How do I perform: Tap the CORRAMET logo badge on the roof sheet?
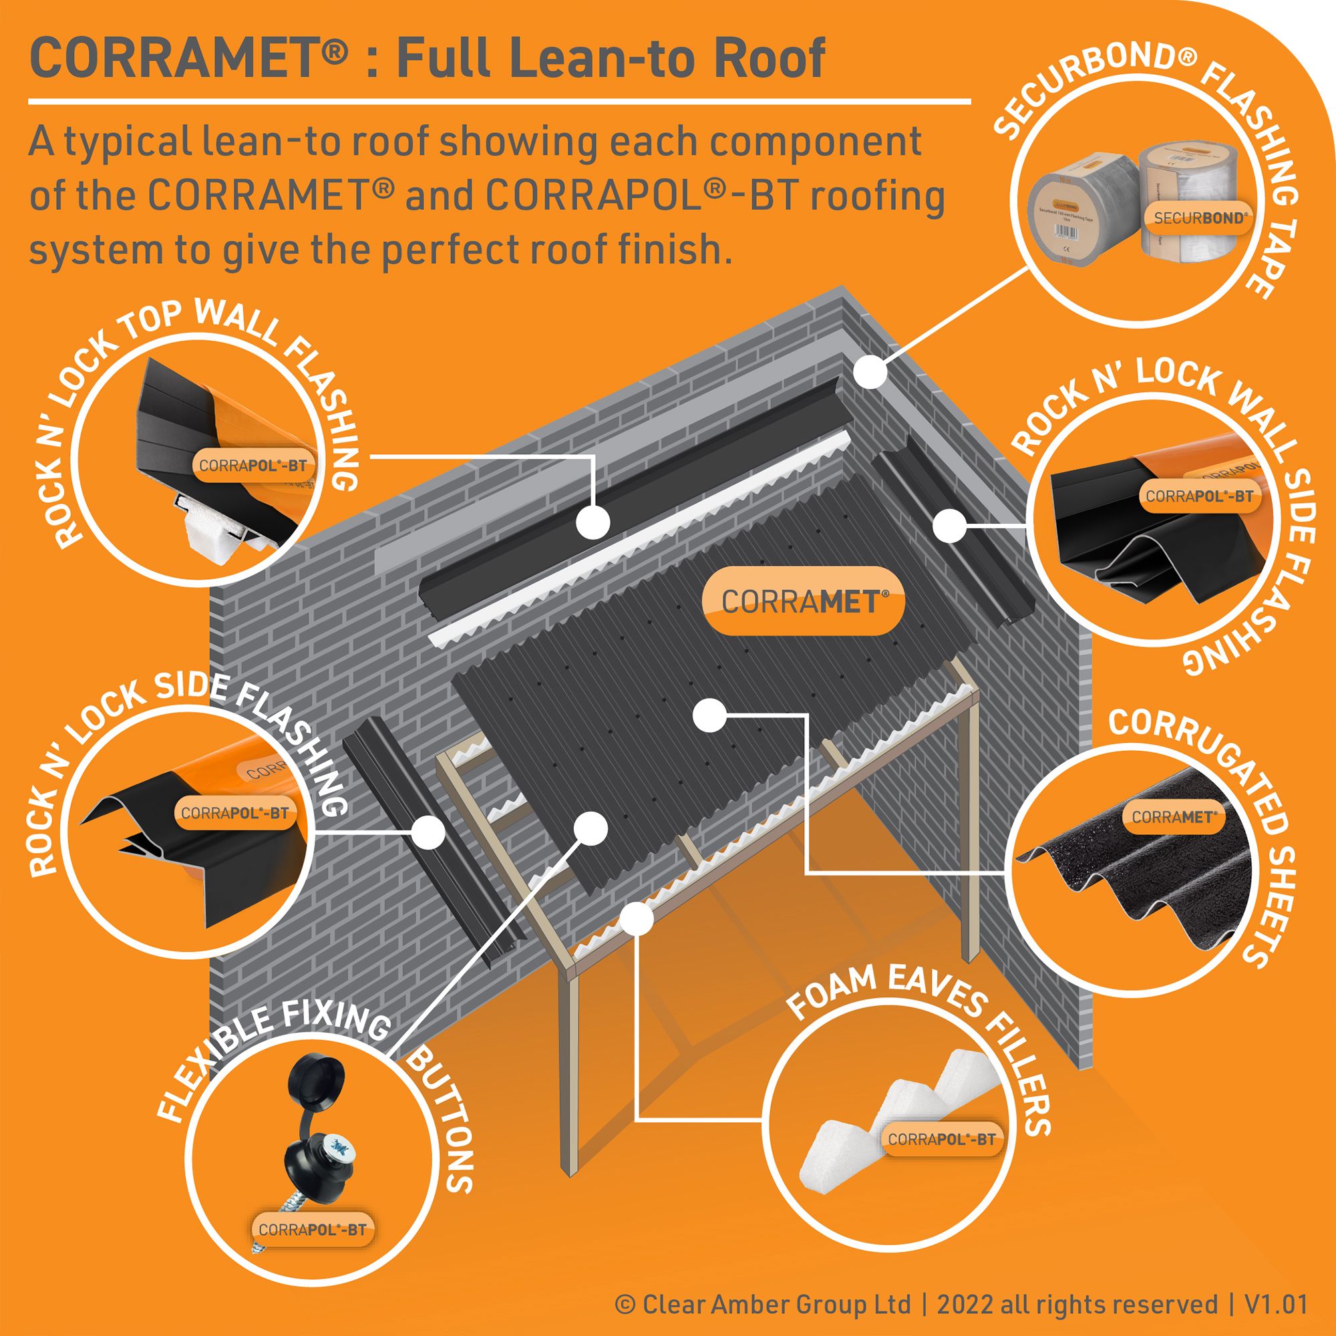tap(802, 601)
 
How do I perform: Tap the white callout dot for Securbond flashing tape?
tap(870, 371)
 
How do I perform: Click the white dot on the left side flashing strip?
tap(428, 830)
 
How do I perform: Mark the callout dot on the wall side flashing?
tap(949, 526)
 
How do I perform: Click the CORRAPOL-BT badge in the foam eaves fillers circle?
tap(942, 1140)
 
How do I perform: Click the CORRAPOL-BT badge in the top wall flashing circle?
tap(253, 466)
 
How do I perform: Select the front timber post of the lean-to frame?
tap(568, 1072)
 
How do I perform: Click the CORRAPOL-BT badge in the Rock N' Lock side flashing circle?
tap(234, 812)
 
